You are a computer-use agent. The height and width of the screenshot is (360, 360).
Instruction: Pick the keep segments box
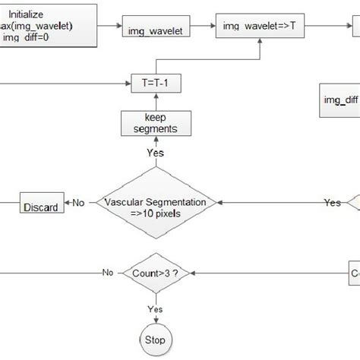(149, 124)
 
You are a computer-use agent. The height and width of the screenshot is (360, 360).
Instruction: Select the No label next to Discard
(79, 203)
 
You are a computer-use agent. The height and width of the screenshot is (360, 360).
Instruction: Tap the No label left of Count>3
(108, 272)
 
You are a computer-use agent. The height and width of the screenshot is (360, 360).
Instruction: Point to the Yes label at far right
(332, 203)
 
